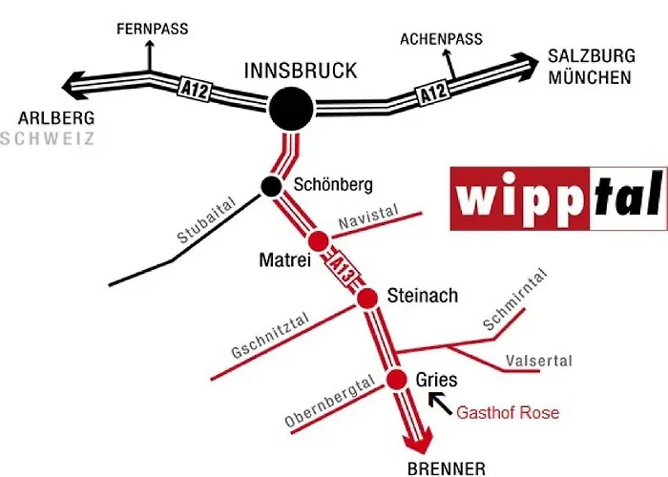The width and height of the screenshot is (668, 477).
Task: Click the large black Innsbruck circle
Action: click(x=291, y=109)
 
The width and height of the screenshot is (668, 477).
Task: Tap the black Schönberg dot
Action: click(x=271, y=186)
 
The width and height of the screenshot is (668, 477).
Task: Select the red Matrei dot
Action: click(x=318, y=241)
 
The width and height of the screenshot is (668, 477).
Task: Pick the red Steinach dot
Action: click(x=366, y=298)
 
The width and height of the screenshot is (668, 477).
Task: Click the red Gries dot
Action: click(x=397, y=379)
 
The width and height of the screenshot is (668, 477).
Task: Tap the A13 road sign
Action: click(x=342, y=269)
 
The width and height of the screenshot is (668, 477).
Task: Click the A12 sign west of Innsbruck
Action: click(x=194, y=89)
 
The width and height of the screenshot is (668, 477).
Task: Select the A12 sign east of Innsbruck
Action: click(x=432, y=92)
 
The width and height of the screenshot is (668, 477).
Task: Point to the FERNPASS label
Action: click(x=153, y=29)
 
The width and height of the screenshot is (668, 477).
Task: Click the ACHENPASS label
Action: click(x=441, y=39)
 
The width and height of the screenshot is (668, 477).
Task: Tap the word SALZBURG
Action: click(x=592, y=56)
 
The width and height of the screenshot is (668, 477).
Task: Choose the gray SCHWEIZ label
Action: click(x=48, y=139)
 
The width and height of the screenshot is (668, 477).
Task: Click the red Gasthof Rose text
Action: click(x=508, y=413)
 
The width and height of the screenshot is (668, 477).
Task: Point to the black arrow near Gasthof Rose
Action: click(x=440, y=404)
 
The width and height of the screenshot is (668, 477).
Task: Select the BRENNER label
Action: click(x=447, y=469)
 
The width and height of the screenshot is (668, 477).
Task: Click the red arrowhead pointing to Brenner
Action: click(x=420, y=444)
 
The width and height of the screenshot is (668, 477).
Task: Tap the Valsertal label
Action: click(x=539, y=362)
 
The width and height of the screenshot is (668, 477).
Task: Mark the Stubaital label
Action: click(x=206, y=219)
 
